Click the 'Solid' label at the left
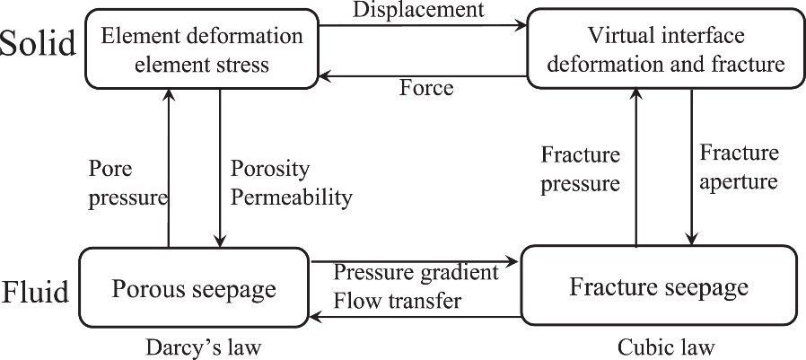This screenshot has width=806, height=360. [x=38, y=44]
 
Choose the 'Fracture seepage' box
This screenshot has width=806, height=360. [x=659, y=288]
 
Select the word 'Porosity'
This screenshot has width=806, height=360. [x=270, y=170]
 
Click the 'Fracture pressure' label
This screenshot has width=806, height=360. [x=581, y=170]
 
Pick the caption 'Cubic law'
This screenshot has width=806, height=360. [x=658, y=345]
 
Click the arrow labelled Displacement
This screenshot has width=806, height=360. [x=422, y=27]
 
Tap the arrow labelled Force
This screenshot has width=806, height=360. [x=422, y=75]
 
